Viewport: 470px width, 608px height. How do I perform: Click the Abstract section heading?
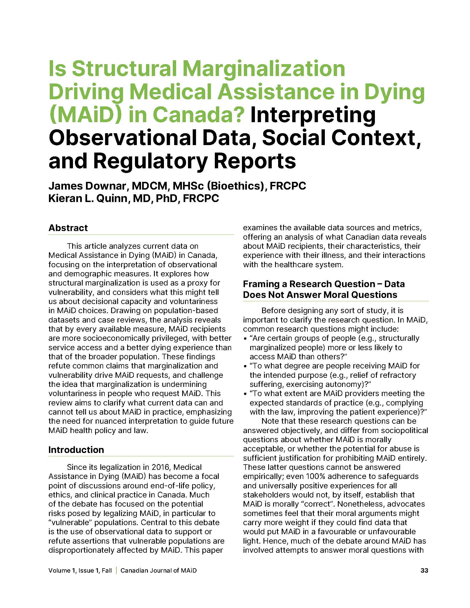[x=68, y=228]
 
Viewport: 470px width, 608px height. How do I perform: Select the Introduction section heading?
[x=76, y=450]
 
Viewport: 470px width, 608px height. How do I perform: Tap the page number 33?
[x=424, y=570]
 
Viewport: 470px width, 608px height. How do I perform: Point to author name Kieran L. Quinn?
[x=88, y=198]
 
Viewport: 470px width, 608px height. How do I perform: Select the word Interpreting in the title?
[x=313, y=115]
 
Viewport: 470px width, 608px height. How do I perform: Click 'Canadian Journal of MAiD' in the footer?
[x=158, y=570]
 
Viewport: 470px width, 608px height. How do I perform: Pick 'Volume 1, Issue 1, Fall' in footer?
[x=80, y=570]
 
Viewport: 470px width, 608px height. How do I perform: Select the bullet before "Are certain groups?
[x=245, y=339]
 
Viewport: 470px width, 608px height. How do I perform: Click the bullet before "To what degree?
[x=245, y=366]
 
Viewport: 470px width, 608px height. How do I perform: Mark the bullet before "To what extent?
[x=245, y=394]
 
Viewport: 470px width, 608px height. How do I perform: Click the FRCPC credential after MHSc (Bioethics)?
[x=288, y=186]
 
